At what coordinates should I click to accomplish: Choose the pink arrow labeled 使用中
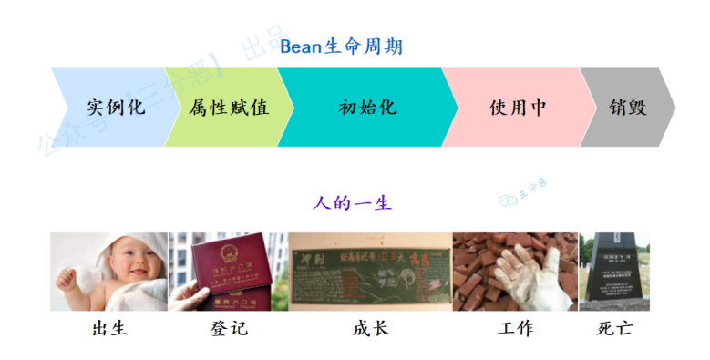coord(517,107)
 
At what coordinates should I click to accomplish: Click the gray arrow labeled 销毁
coord(628,107)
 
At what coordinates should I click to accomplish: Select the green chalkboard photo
coord(370,272)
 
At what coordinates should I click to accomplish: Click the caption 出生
coord(110,328)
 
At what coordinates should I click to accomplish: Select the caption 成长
coord(370,328)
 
